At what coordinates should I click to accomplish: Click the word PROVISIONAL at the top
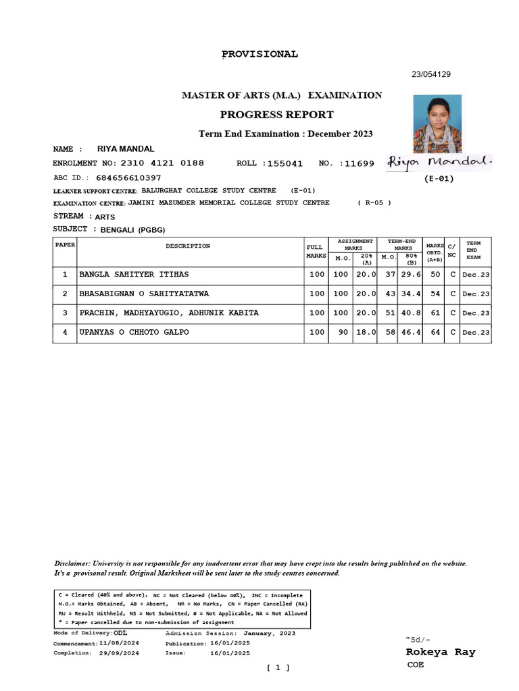[260, 55]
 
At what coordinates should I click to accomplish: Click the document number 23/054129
[431, 75]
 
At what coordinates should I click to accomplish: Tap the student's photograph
[437, 123]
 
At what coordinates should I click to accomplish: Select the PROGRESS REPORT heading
[277, 114]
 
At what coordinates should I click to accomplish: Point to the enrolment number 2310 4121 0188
[162, 163]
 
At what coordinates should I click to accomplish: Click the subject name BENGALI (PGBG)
[133, 230]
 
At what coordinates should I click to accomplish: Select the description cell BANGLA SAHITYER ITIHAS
[134, 275]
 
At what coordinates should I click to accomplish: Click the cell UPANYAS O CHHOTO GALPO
[134, 332]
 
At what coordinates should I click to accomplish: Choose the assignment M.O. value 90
[341, 332]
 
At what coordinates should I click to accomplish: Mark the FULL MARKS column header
[316, 252]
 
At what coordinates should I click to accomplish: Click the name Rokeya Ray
[440, 652]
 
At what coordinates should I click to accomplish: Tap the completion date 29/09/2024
[119, 653]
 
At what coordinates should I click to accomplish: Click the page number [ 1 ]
[278, 667]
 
